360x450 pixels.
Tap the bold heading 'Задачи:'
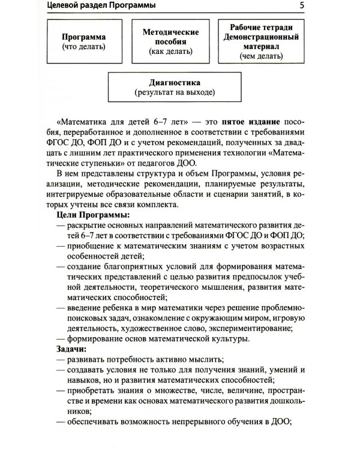click(71, 349)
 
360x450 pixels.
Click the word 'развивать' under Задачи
click(89, 360)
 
